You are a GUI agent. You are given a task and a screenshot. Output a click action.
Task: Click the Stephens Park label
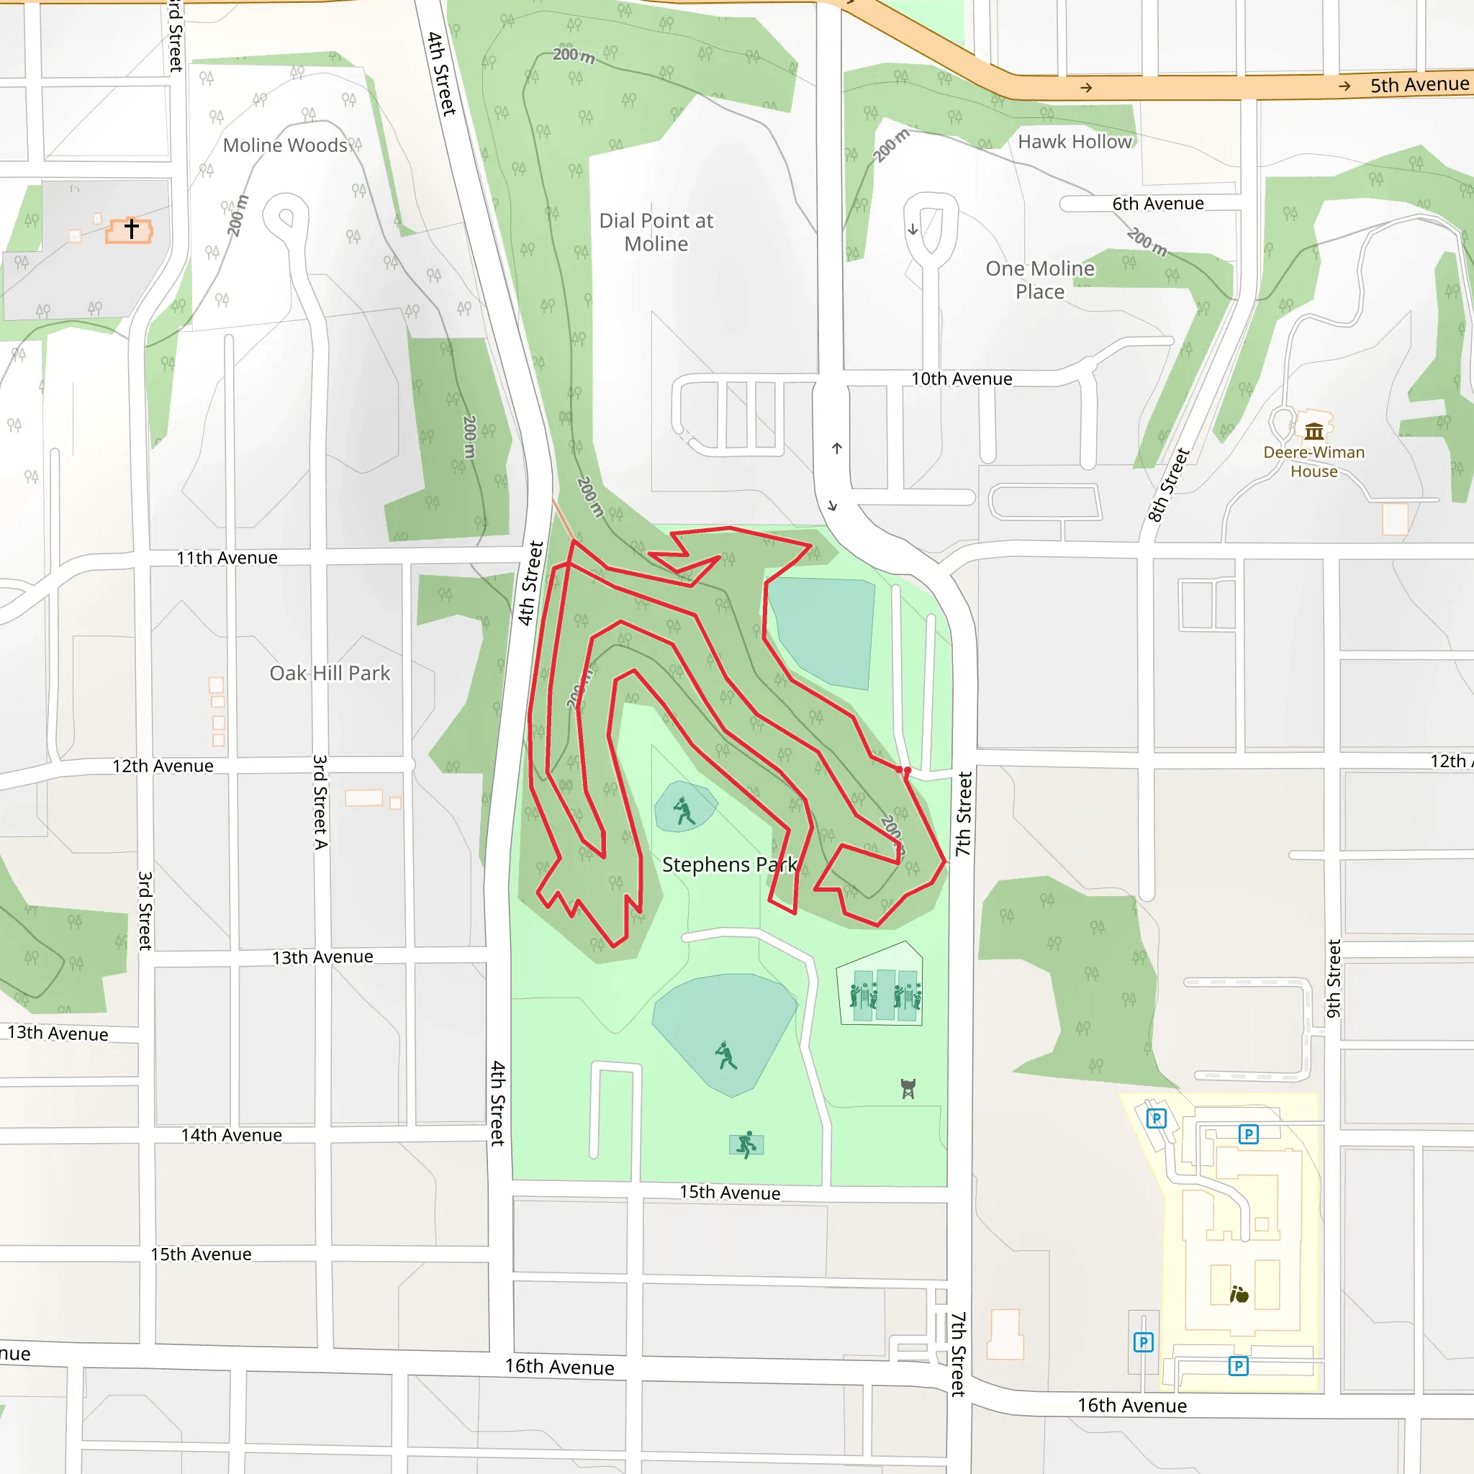728,864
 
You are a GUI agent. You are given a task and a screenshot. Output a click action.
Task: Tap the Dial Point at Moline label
656,232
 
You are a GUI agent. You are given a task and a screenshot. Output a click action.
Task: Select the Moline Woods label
284,145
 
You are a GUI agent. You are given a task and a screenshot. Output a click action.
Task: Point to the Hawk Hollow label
1075,142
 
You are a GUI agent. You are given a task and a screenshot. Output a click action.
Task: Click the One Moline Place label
1040,280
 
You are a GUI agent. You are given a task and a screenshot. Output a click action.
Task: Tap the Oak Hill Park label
330,673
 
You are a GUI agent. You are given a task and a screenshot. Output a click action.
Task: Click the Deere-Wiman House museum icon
1314,432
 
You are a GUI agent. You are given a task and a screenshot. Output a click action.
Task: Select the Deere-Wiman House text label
1314,461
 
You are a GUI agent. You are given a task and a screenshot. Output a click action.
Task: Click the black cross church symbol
131,228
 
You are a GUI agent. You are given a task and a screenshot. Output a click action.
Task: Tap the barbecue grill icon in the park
908,1089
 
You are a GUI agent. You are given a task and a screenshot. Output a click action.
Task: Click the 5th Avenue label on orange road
1419,85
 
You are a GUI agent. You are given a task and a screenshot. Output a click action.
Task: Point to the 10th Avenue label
962,379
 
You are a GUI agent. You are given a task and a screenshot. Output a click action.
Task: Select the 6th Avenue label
1157,204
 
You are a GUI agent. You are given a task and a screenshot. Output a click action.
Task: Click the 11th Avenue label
227,558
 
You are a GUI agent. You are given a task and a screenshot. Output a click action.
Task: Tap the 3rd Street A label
320,802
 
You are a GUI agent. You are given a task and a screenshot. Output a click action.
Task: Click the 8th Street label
1169,485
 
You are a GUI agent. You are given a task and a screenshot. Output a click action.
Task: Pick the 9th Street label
1334,978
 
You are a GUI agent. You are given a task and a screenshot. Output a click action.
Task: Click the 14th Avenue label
231,1135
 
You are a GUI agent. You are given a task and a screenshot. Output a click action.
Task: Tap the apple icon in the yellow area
1239,1294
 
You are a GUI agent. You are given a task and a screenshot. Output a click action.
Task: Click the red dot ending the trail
907,772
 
